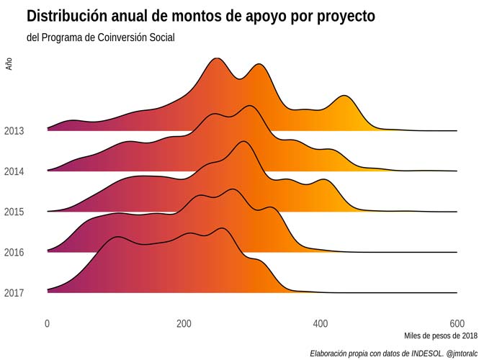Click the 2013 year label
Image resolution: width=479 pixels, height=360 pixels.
14,131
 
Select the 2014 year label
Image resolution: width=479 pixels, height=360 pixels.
14,171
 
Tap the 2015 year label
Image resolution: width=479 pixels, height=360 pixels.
14,212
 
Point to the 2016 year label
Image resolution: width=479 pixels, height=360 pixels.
14,252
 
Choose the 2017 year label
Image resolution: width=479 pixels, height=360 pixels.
14,293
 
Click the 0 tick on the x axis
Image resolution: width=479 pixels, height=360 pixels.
48,323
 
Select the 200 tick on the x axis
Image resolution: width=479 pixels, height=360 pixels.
184,323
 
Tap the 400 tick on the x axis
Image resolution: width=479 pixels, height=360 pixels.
321,323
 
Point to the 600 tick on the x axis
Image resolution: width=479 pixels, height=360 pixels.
457,323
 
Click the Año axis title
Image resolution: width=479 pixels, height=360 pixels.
9,64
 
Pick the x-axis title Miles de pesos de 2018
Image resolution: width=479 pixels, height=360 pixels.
440,336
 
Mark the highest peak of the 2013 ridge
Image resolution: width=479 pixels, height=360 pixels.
215,58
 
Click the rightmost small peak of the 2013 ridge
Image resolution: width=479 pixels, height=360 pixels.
345,96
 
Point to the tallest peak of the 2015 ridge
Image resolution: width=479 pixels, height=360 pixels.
243,142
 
